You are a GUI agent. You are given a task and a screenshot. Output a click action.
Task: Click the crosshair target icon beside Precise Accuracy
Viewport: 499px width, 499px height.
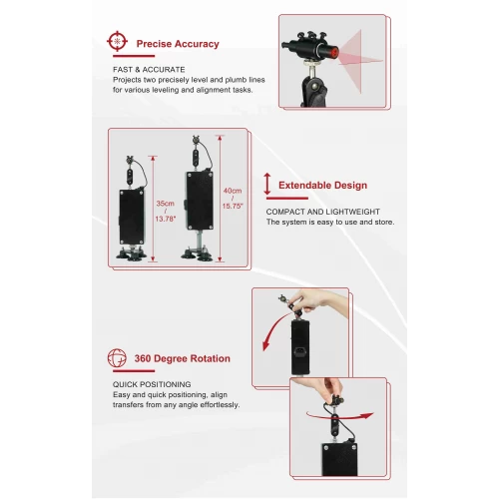click(x=118, y=42)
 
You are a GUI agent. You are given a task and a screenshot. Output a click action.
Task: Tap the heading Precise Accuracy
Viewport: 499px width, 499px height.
click(x=179, y=44)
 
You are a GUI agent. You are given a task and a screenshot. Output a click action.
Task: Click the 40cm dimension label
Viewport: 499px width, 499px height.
click(x=232, y=192)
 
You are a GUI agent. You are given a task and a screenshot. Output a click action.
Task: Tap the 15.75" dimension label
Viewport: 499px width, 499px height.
click(x=232, y=207)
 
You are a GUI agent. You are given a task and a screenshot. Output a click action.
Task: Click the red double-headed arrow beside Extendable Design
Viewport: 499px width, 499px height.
click(x=266, y=185)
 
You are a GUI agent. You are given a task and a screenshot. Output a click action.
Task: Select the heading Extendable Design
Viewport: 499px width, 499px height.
click(x=322, y=186)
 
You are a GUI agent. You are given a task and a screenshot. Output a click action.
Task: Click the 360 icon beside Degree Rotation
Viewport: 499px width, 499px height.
click(x=118, y=358)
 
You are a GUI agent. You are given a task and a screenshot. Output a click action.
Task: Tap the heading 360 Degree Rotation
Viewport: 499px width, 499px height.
click(x=183, y=358)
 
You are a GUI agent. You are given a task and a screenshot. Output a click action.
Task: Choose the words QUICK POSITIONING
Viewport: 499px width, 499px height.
click(x=153, y=384)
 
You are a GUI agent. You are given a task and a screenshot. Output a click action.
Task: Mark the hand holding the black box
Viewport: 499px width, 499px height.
click(x=309, y=302)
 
